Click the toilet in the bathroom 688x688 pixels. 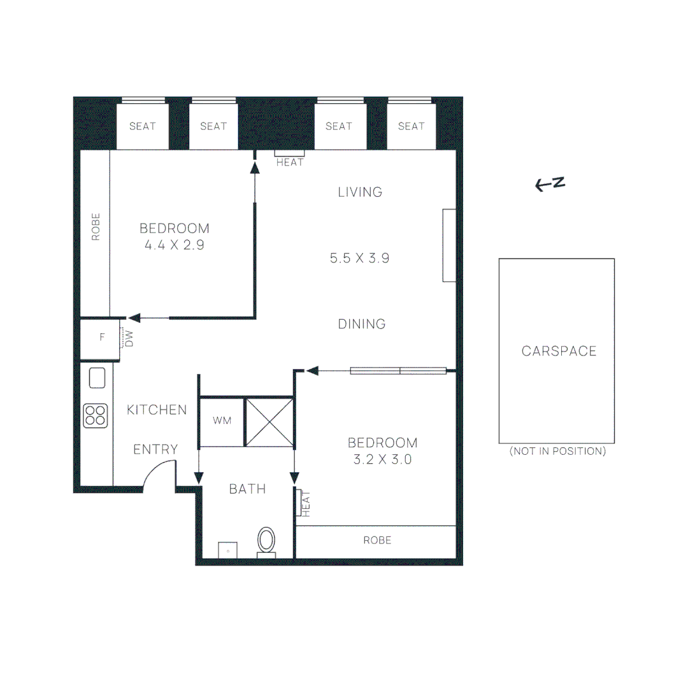pyautogui.click(x=267, y=541)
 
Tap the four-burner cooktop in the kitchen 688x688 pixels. pyautogui.click(x=96, y=415)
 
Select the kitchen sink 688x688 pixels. pyautogui.click(x=97, y=378)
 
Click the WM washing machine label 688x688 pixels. pyautogui.click(x=222, y=421)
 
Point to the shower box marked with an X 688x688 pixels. pyautogui.click(x=269, y=422)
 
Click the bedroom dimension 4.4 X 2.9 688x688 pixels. pyautogui.click(x=175, y=245)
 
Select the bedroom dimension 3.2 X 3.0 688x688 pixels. pyautogui.click(x=383, y=459)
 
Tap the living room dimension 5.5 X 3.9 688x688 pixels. pyautogui.click(x=359, y=258)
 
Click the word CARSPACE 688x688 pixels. pyautogui.click(x=559, y=351)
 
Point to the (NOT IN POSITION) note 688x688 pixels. pyautogui.click(x=557, y=451)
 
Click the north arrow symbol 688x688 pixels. pyautogui.click(x=550, y=185)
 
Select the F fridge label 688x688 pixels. pyautogui.click(x=102, y=338)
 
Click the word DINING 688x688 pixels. pyautogui.click(x=362, y=324)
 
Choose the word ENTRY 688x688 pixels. pyautogui.click(x=155, y=450)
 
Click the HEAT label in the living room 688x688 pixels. pyautogui.click(x=290, y=162)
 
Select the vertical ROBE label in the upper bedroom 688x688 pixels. pyautogui.click(x=96, y=227)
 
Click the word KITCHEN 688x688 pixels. pyautogui.click(x=157, y=410)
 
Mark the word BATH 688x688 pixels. pyautogui.click(x=247, y=489)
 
